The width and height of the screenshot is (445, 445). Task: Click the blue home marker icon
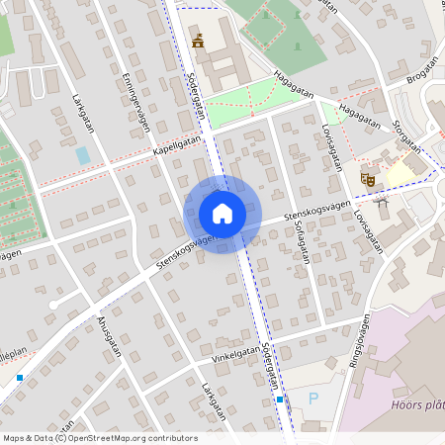coord(222,214)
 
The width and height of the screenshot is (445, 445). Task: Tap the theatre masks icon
coord(367,179)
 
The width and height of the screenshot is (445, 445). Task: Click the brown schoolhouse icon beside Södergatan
coord(199,41)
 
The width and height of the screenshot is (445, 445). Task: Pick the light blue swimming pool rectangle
coord(83,155)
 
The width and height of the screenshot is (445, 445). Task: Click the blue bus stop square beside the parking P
coord(281,400)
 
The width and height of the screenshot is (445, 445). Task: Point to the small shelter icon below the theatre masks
coord(382,201)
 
